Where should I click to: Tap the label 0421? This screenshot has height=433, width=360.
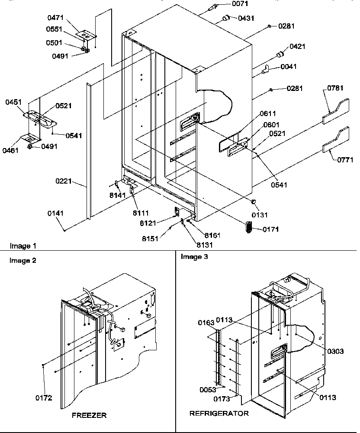[x=298, y=46]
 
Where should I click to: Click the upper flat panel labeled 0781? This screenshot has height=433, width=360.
[x=335, y=110]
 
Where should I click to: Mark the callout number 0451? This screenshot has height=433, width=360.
[x=14, y=102]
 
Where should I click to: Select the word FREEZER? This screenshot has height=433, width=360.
[x=89, y=415]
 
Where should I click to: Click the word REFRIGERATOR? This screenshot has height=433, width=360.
[x=219, y=414]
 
